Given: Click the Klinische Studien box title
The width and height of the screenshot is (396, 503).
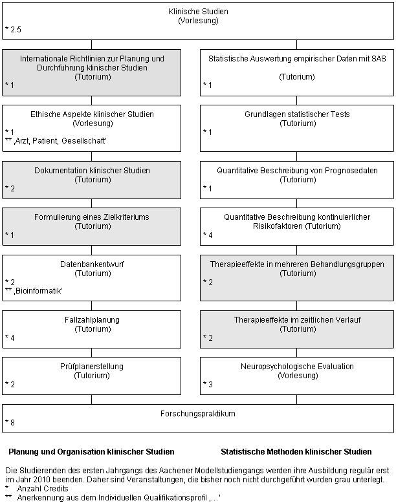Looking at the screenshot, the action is click(198, 12).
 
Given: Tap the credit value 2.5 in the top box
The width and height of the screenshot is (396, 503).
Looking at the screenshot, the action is click(16, 30).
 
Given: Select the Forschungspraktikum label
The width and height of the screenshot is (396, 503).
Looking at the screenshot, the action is click(198, 414).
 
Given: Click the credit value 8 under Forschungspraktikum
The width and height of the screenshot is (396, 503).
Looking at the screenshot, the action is click(12, 423).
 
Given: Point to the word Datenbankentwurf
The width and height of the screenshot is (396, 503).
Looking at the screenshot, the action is click(92, 264).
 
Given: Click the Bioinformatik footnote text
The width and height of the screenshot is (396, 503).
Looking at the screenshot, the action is click(38, 291).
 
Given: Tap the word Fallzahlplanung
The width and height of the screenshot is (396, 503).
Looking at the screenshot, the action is click(92, 320).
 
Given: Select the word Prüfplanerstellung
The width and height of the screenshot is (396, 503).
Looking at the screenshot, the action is click(92, 367).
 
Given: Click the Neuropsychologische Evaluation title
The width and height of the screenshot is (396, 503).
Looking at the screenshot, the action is click(297, 367).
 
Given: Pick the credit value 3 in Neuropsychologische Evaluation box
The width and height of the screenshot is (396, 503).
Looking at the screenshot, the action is click(210, 384).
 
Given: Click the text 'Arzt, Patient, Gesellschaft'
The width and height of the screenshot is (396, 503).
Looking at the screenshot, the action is click(60, 141).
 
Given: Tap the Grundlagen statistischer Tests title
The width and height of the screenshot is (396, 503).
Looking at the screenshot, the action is click(297, 114).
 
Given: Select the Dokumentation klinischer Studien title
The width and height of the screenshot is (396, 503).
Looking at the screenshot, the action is click(92, 170).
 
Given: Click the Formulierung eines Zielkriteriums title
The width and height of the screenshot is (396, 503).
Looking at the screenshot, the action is click(92, 217).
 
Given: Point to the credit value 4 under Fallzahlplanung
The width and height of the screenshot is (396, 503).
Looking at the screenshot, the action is click(12, 337).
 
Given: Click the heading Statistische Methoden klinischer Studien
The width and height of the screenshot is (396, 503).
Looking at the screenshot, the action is click(296, 452).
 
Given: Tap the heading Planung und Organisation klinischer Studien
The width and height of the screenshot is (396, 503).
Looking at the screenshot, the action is click(91, 452).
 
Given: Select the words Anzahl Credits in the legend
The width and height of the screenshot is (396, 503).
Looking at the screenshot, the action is click(43, 489).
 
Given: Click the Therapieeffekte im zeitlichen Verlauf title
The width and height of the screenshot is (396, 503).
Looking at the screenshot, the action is click(297, 320).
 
